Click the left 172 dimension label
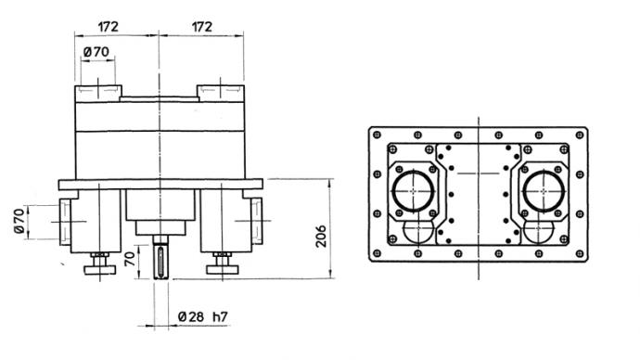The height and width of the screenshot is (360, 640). tap(108, 27)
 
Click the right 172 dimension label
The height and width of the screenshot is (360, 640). tap(202, 27)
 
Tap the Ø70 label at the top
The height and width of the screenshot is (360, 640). tap(96, 52)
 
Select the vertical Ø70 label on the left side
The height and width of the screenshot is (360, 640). tap(19, 221)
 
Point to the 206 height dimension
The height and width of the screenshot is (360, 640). tap(321, 236)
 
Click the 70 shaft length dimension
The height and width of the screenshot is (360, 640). tap(130, 259)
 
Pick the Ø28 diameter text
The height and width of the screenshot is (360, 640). tap(191, 316)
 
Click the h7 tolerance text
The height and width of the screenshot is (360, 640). tap(220, 316)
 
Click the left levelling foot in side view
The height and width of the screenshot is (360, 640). tap(100, 264)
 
